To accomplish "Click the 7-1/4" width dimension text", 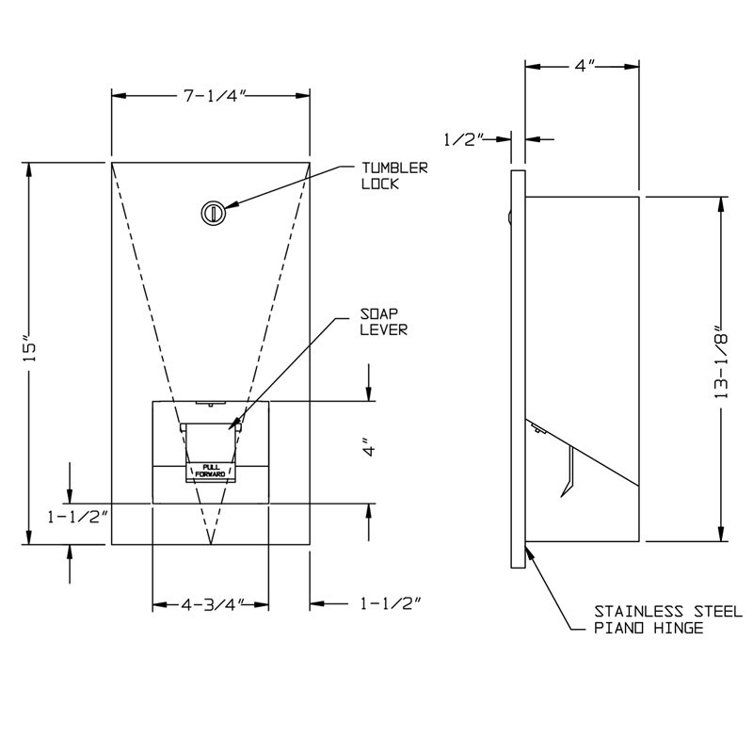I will [211, 94].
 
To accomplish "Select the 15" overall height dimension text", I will [30, 349].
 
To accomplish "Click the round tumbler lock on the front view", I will [213, 213].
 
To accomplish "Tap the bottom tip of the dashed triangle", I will [211, 543].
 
